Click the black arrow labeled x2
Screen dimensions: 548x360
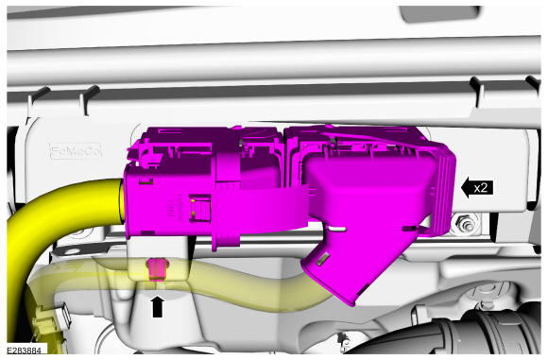point(477,188)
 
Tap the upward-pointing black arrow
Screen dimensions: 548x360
point(158,306)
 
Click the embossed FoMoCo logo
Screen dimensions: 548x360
point(76,151)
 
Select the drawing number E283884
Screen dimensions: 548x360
point(24,350)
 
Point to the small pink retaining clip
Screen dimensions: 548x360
point(158,269)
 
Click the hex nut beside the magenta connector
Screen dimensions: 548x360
point(465,224)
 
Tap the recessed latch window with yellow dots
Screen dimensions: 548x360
point(200,209)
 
